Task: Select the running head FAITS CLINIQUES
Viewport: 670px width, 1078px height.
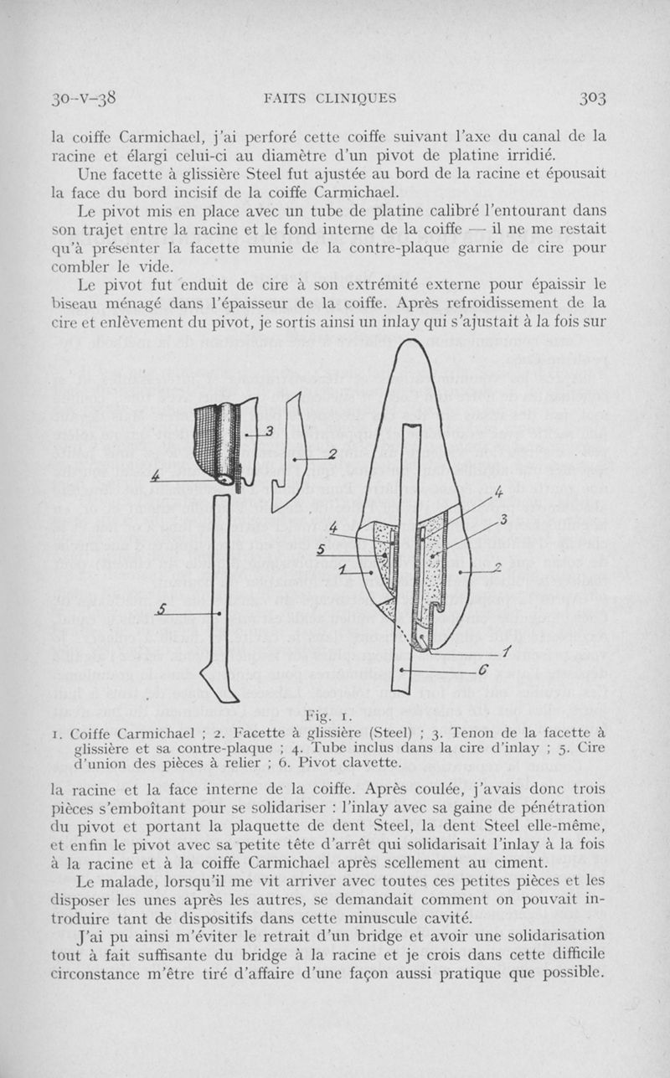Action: (329, 98)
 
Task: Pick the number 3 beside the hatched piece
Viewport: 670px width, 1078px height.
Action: (270, 431)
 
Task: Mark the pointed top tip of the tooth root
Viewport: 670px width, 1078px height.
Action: (415, 344)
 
